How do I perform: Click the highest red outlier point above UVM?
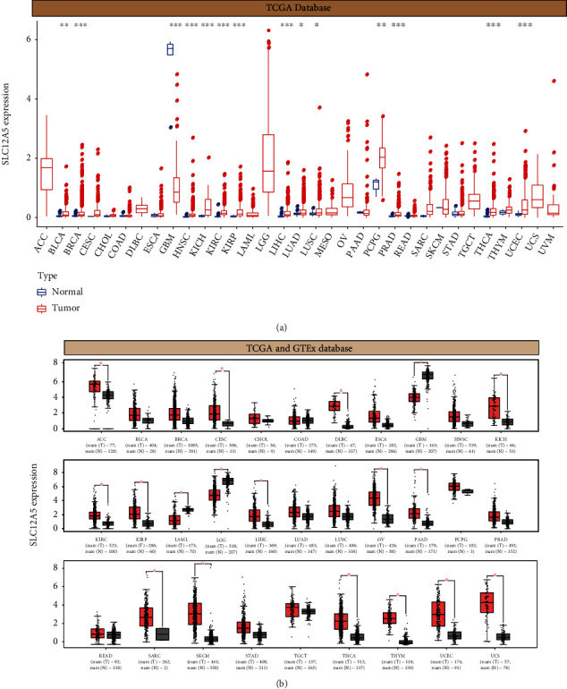coord(554,81)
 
